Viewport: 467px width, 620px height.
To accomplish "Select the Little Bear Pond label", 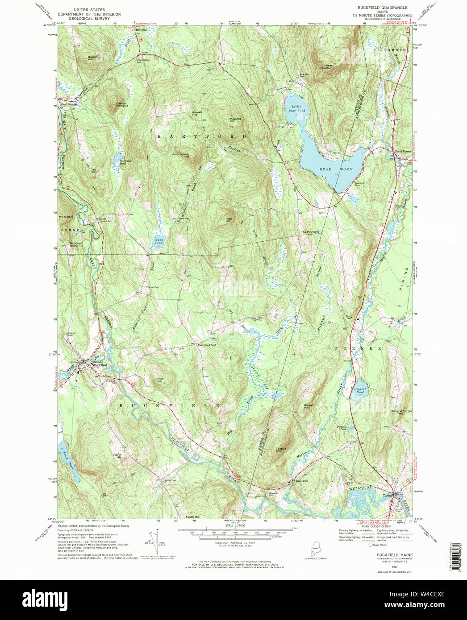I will [x=298, y=108].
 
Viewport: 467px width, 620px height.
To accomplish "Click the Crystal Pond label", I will [x=360, y=390].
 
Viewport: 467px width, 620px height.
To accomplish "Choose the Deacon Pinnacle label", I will [x=122, y=104].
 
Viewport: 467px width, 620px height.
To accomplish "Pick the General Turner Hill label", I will [x=401, y=412].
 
